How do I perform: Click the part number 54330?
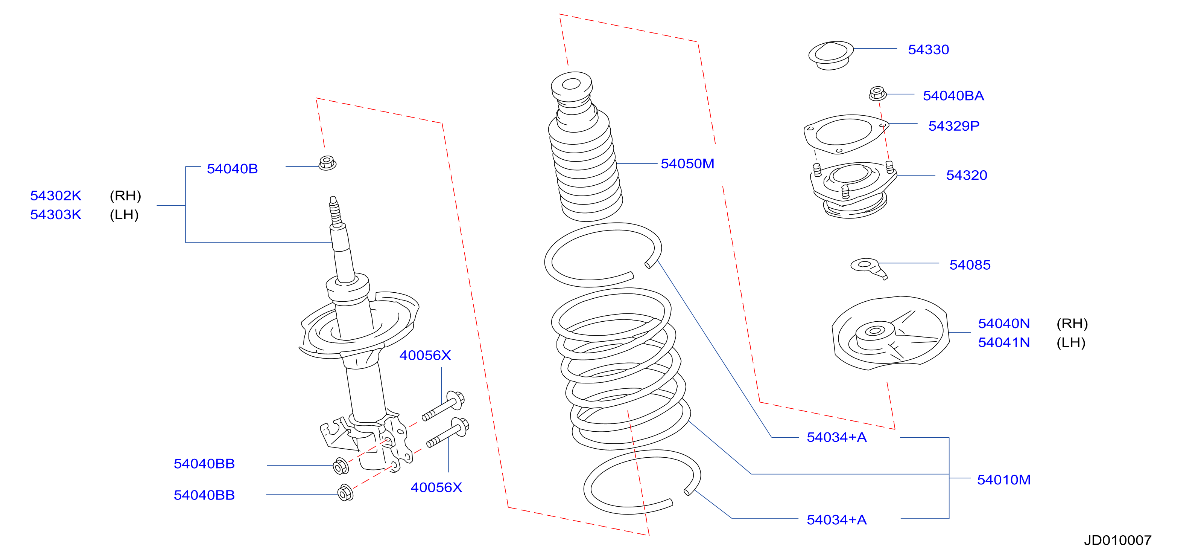point(928,49)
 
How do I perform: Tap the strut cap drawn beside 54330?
point(831,55)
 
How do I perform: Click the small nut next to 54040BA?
point(877,93)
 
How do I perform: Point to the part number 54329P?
point(954,126)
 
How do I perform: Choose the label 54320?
point(966,175)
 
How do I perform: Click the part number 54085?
point(970,265)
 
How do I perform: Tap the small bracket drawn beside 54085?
point(869,268)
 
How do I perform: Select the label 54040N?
point(1003,323)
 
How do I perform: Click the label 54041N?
point(1003,342)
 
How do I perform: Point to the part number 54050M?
point(687,163)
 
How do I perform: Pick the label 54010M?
point(1003,480)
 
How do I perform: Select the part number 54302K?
point(56,195)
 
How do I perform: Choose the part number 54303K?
point(56,215)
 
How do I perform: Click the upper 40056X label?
point(425,355)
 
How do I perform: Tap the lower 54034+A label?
point(837,519)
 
